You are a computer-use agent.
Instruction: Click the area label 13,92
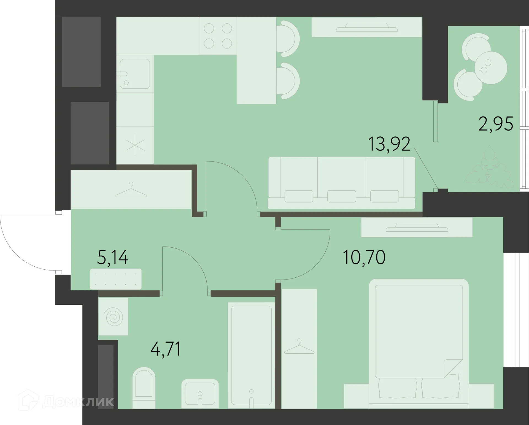389,144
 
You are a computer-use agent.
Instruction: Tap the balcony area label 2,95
496,124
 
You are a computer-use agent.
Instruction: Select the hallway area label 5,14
113,258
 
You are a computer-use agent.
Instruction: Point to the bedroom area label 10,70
364,258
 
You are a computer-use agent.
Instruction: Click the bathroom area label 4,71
166,349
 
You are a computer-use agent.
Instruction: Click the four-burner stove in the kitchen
218,36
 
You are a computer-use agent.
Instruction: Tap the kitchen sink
135,74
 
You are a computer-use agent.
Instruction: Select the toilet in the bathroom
144,387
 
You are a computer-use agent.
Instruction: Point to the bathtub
251,355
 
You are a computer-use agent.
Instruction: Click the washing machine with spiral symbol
113,317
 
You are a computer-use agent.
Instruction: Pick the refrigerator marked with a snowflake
135,145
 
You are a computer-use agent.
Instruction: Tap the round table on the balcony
491,67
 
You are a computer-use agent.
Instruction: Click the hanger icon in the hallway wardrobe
131,190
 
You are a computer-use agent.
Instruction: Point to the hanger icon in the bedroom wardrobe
299,347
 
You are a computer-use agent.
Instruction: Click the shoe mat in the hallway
116,279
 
